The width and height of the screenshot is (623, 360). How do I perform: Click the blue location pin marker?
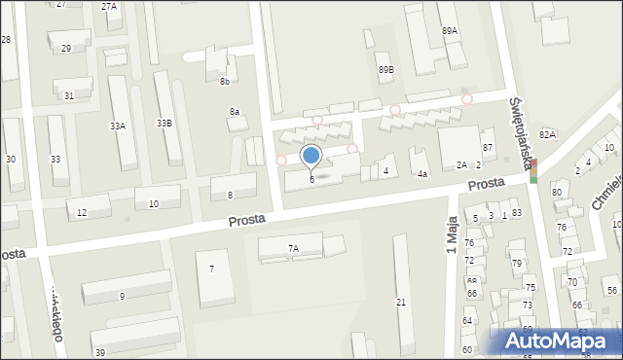(x=311, y=156)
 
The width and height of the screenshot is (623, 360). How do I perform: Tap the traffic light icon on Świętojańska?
(x=533, y=170)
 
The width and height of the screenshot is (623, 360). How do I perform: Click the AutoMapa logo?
(x=561, y=341)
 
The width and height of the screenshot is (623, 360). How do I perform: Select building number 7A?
(x=293, y=248)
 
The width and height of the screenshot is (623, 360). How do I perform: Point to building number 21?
(x=401, y=303)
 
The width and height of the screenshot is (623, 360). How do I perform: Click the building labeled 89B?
(x=386, y=70)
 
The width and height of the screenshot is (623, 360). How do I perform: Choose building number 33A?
(x=118, y=126)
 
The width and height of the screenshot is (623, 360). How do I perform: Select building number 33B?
(x=165, y=124)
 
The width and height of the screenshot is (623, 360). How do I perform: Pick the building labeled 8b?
(x=225, y=81)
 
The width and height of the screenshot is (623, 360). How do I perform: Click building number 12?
(x=82, y=212)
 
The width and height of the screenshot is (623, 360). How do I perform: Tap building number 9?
(x=122, y=296)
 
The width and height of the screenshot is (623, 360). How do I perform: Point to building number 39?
(x=100, y=351)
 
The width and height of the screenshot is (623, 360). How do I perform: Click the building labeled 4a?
(x=421, y=173)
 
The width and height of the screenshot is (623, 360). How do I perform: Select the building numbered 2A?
(x=461, y=165)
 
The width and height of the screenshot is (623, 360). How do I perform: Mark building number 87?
(x=489, y=147)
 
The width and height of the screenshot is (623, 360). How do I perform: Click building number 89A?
(x=449, y=31)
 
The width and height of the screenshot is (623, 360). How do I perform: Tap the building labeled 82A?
(x=547, y=133)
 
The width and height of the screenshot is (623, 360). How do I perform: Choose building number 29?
(x=66, y=48)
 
